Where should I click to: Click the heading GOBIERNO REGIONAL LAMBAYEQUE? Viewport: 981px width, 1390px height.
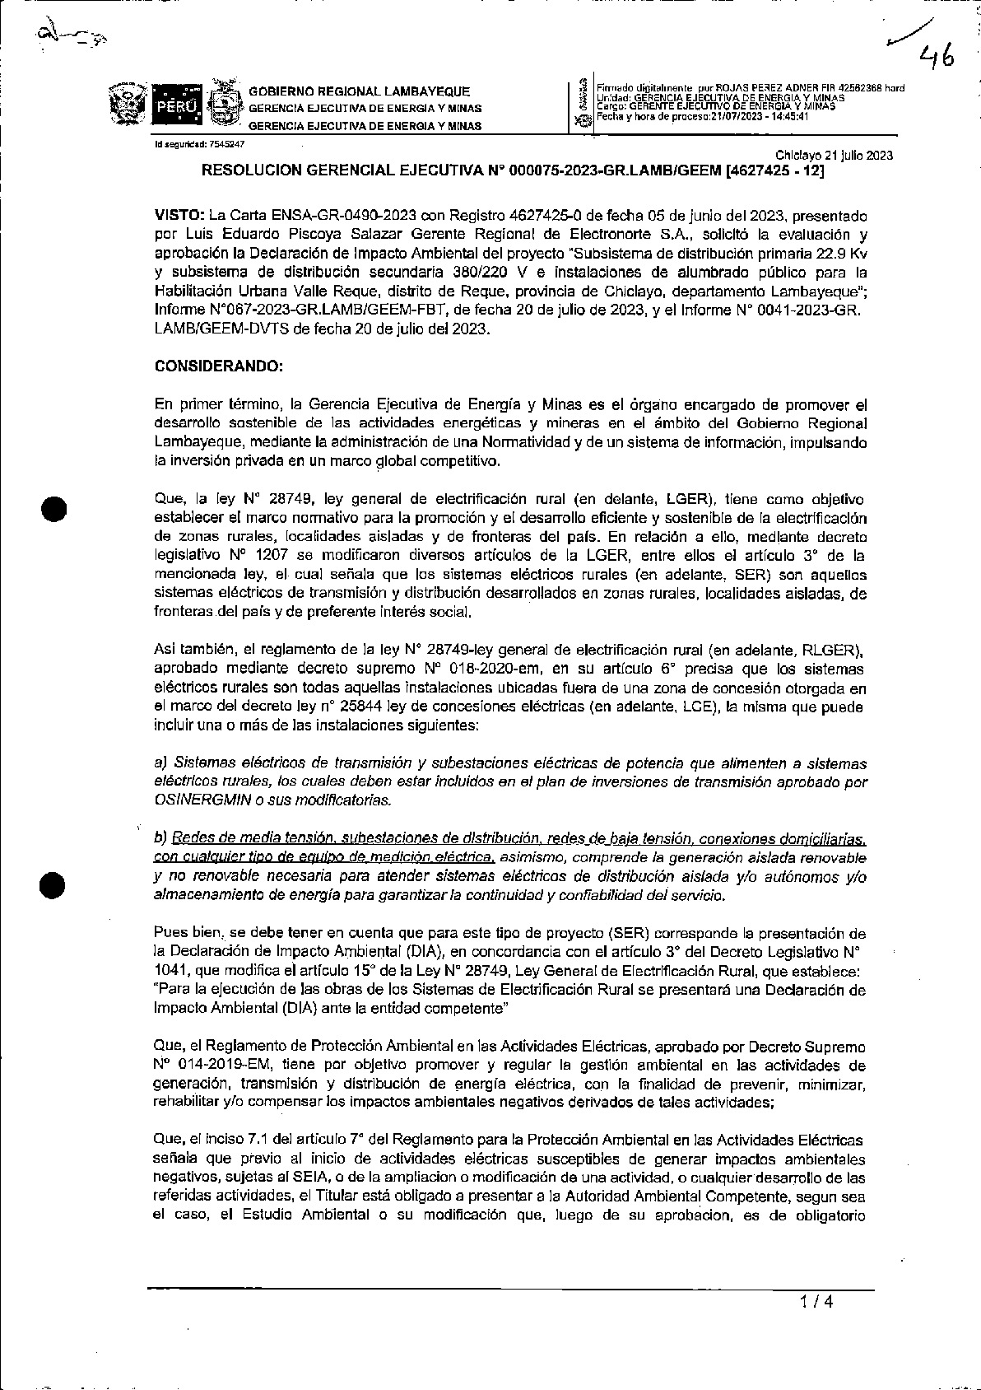[360, 91]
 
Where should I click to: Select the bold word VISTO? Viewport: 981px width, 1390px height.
[179, 216]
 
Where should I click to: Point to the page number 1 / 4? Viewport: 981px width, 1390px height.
[816, 1302]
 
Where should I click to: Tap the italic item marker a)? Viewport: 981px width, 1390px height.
[160, 763]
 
